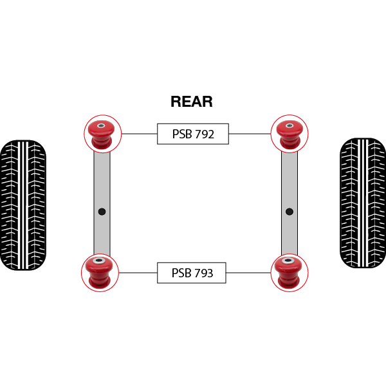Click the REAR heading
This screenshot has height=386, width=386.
pos(192,102)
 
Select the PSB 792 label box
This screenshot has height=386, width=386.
pos(193,134)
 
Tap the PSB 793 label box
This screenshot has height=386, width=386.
pos(192,273)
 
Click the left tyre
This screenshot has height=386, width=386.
pos(23,205)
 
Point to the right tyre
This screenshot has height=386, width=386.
pos(363,203)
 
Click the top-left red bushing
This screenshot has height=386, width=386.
pos(102,134)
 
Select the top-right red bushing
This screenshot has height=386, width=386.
pos(289,134)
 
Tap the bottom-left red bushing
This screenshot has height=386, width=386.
pos(99,273)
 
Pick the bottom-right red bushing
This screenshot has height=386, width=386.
pos(288,273)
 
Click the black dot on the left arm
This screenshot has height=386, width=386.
pos(102,212)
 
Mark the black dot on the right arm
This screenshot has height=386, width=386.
pos(289,212)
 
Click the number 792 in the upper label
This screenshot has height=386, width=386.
pos(205,134)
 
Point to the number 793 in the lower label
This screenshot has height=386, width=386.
pos(203,273)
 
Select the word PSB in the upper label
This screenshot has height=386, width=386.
pos(182,134)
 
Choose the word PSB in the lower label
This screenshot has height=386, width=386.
pos(181,273)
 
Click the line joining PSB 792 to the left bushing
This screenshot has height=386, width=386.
pos(140,134)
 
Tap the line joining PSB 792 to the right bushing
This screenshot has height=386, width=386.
pos(250,134)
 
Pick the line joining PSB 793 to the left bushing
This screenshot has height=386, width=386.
pos(138,273)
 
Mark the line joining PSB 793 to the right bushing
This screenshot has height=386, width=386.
pos(248,273)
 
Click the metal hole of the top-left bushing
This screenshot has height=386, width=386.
pos(101,126)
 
